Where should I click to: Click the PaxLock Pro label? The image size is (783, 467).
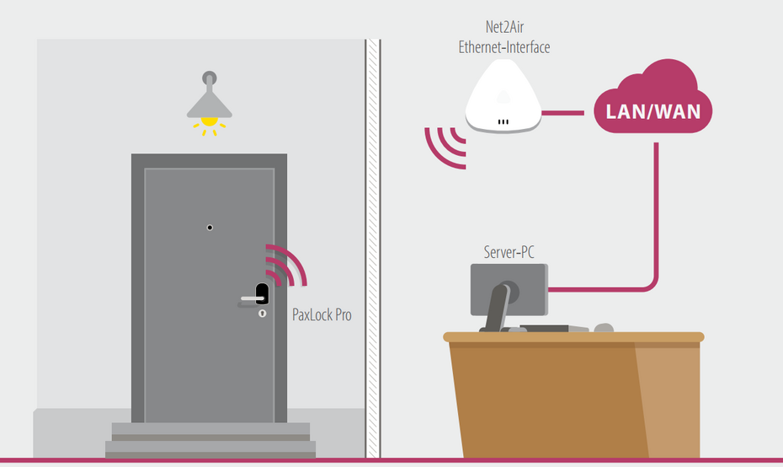click(321, 315)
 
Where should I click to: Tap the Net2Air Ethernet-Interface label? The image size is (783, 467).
click(503, 39)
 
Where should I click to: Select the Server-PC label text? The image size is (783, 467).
click(509, 251)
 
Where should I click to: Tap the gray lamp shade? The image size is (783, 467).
click(209, 104)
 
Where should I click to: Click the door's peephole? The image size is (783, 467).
click(210, 228)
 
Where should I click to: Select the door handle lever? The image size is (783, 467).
click(248, 298)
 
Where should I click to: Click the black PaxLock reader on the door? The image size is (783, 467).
click(262, 294)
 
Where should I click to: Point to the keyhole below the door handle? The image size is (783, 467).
click(262, 314)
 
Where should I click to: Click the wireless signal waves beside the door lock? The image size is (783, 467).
click(286, 266)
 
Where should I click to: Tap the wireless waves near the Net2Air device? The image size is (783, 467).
click(445, 148)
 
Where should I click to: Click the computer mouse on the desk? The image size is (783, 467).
click(603, 328)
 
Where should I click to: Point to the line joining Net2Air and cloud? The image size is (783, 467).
click(562, 111)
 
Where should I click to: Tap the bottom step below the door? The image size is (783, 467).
click(210, 448)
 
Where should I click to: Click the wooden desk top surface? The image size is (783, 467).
click(573, 337)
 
